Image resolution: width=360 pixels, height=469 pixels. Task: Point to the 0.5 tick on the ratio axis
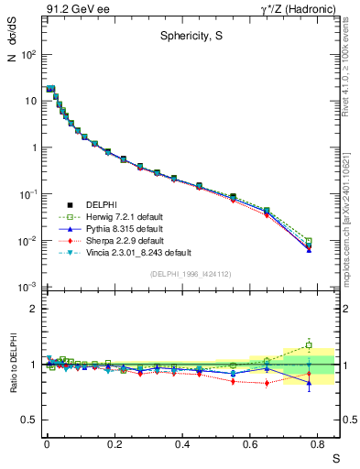pyautogui.click(x=32, y=420)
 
